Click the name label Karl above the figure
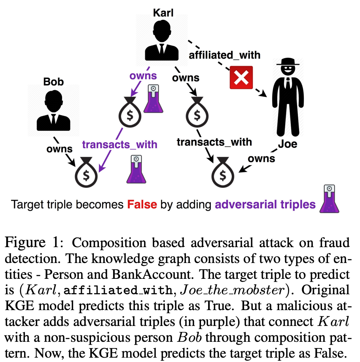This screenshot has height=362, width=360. [163, 13]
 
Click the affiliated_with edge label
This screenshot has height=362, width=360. [224, 55]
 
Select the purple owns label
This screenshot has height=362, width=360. [144, 76]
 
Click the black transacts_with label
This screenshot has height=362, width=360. [214, 141]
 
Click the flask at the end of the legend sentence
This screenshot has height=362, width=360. [328, 199]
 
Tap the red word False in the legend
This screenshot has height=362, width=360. [142, 205]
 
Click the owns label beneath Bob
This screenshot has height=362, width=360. [59, 149]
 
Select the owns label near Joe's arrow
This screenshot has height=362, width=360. [261, 158]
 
